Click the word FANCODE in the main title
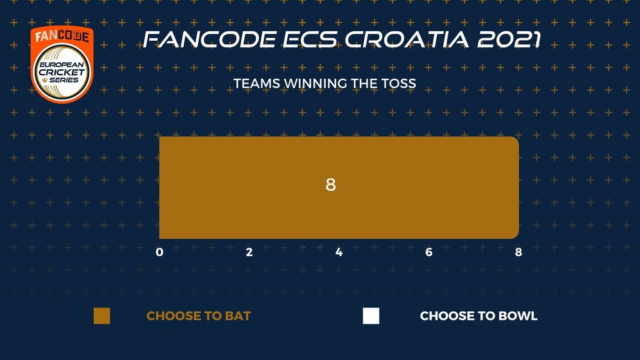point(209,39)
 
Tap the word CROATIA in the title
point(406,39)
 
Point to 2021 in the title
point(509,39)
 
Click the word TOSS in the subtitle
point(399,83)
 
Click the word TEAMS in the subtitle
point(257,83)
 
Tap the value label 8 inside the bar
point(331,184)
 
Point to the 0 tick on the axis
point(159,252)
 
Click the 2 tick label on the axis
point(249,252)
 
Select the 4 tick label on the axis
point(339,252)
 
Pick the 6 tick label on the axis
point(429,252)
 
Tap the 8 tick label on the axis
point(518,252)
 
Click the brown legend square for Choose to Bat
point(102,316)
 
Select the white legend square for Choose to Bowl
point(371,316)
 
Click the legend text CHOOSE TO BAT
point(199,316)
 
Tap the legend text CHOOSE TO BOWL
point(479,316)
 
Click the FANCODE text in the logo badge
point(62,36)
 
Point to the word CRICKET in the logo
point(62,72)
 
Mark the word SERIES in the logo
point(64,80)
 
